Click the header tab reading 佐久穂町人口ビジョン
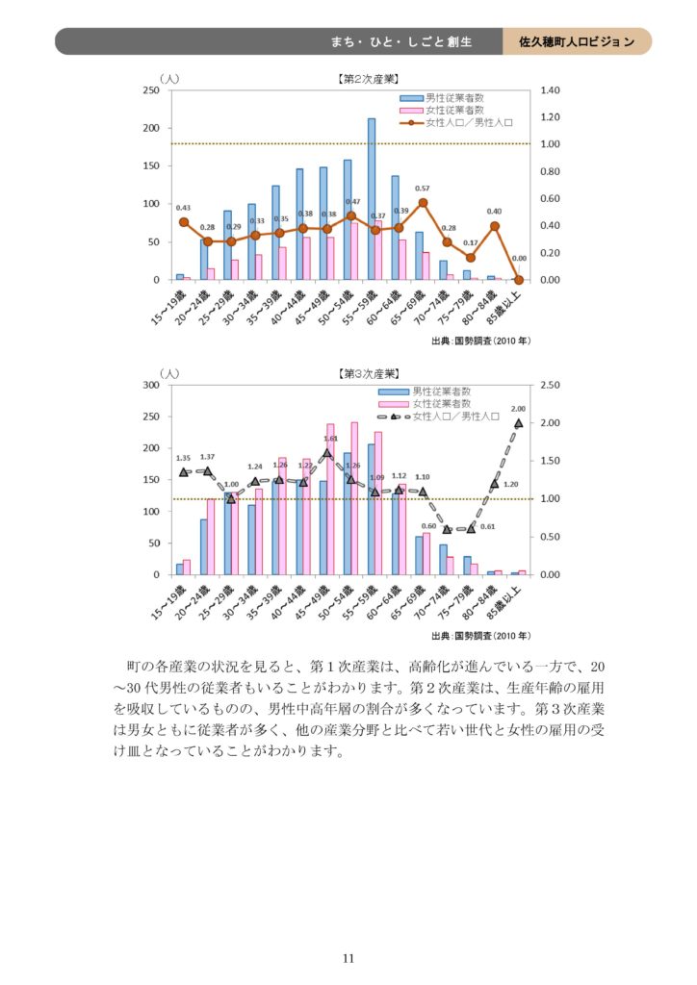(577, 41)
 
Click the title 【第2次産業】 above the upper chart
(369, 79)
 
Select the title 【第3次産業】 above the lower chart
(370, 373)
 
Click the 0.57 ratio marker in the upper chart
(423, 203)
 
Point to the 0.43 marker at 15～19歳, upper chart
(183, 222)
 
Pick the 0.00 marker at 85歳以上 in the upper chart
(519, 280)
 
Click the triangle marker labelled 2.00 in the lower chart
(519, 423)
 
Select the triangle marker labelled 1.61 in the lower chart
(327, 453)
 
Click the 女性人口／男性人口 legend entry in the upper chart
(462, 123)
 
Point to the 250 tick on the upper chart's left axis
(151, 90)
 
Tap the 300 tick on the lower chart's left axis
(150, 385)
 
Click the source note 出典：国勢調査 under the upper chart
(480, 341)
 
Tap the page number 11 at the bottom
(348, 957)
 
